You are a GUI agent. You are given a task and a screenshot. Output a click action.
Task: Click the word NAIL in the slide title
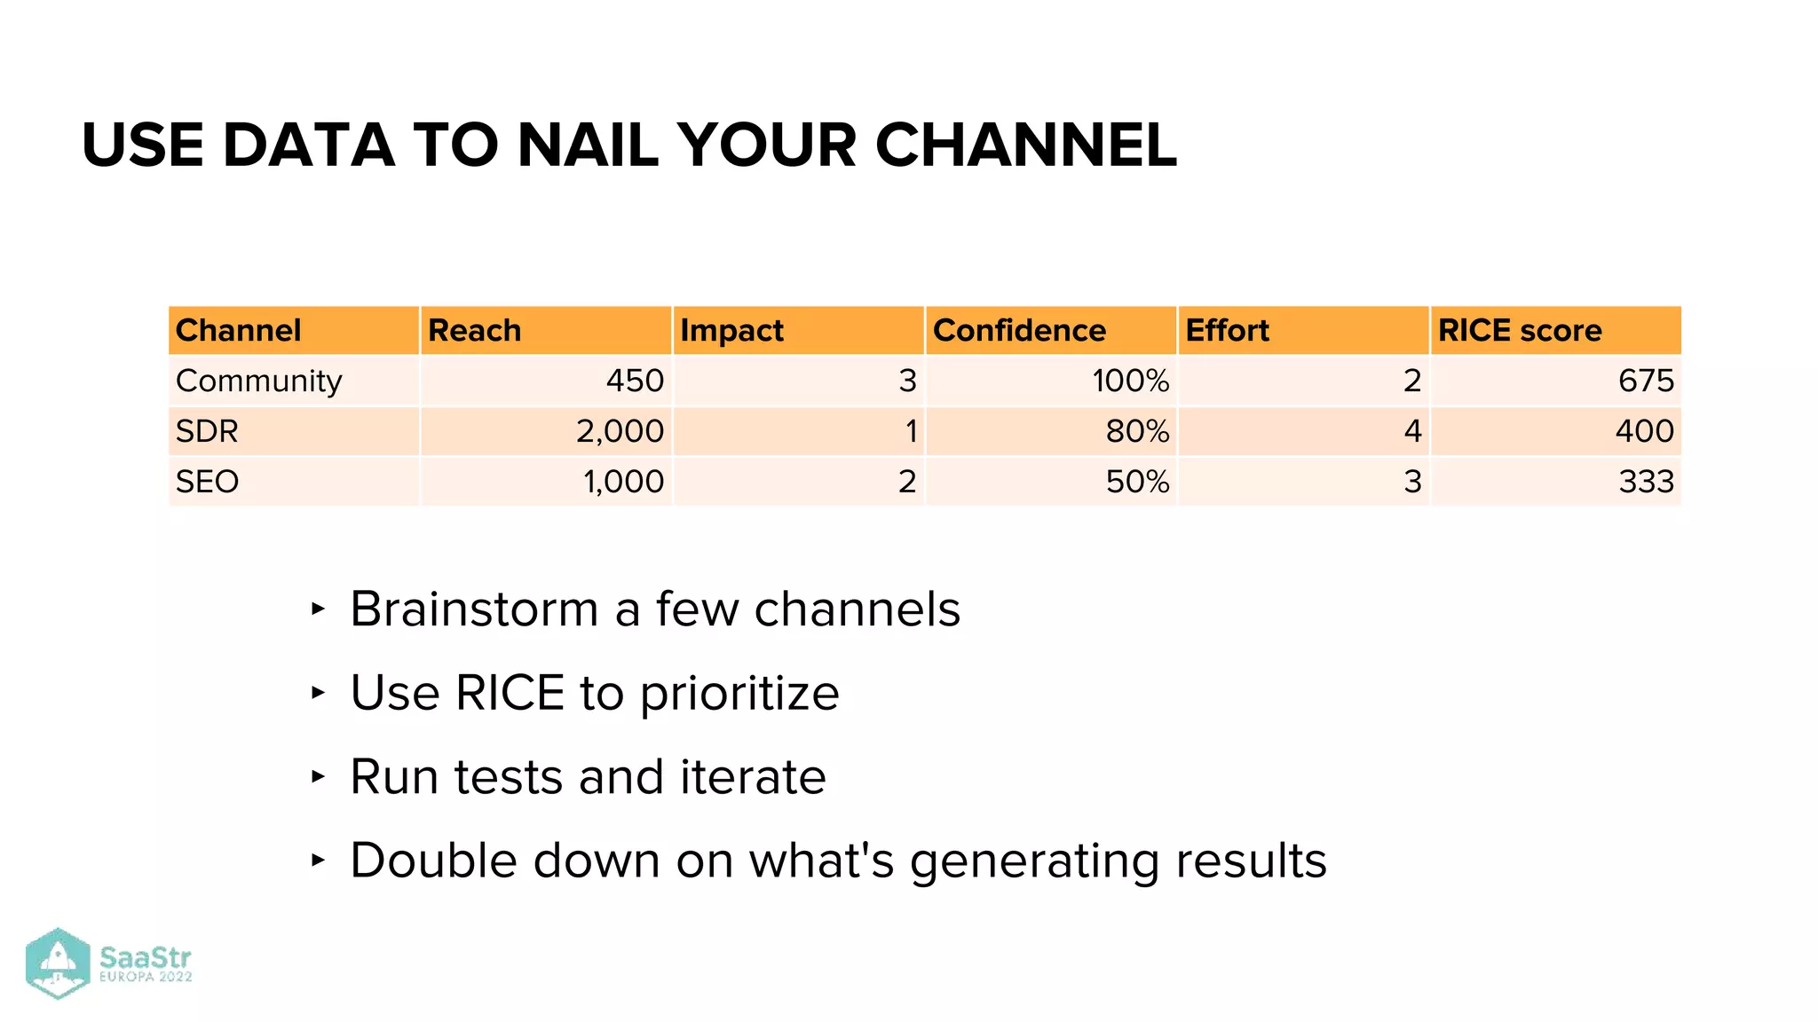[x=587, y=145]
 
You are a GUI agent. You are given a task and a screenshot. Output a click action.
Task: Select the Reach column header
[x=474, y=330]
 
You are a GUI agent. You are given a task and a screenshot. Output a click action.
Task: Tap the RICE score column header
[x=1519, y=330]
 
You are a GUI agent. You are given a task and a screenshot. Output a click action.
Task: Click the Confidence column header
[x=1019, y=330]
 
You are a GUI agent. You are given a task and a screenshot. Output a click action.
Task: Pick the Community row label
[x=258, y=381]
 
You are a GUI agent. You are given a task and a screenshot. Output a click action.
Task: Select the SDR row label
[x=207, y=431]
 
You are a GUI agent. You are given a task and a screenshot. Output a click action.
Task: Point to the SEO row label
[x=207, y=482]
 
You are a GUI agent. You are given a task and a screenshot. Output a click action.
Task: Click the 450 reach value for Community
[x=635, y=381]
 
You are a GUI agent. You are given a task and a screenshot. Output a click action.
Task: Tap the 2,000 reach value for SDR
[x=620, y=431]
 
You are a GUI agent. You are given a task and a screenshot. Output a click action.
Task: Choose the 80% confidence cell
[x=1137, y=431]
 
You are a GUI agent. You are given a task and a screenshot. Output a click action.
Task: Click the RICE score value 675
[x=1645, y=381]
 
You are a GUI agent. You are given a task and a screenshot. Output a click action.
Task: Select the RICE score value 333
[x=1645, y=482]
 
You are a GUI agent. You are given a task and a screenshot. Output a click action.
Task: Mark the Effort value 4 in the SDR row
[x=1412, y=431]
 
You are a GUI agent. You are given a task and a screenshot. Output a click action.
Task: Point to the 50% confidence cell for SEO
[x=1137, y=482]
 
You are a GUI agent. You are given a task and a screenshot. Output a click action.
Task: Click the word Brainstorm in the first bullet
[x=474, y=609]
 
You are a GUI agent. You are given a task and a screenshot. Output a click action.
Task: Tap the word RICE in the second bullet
[x=510, y=693]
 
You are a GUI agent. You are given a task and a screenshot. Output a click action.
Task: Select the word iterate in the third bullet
[x=753, y=777]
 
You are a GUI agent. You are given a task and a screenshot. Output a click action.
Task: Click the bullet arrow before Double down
[x=318, y=860]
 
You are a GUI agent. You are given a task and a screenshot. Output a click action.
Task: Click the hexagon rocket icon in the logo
[x=58, y=963]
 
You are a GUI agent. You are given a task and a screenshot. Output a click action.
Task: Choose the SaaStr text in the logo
[x=145, y=958]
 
